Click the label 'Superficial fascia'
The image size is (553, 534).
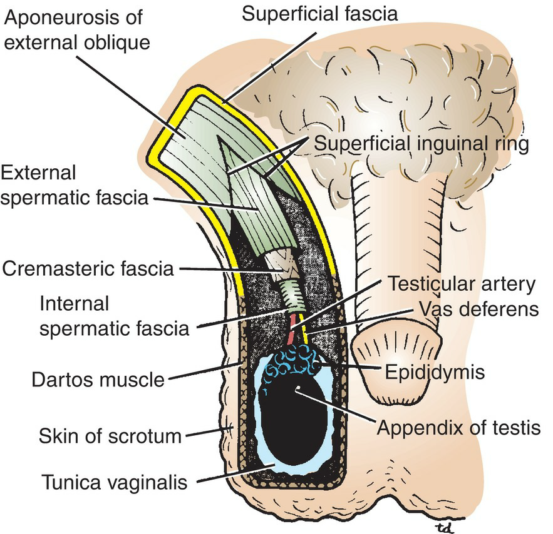[x=319, y=14]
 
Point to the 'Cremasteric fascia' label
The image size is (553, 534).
[x=87, y=270]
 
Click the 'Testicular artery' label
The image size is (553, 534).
[x=462, y=285]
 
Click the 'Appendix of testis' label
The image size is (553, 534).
[x=458, y=428]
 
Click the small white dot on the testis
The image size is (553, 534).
[x=299, y=388]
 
